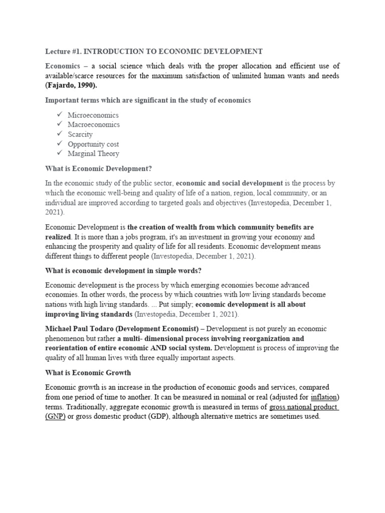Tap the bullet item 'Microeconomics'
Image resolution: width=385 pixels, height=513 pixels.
click(x=93, y=115)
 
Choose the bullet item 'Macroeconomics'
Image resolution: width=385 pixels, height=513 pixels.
click(x=94, y=125)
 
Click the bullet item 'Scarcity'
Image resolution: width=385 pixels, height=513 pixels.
click(x=80, y=134)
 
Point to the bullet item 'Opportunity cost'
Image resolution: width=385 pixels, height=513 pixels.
click(x=93, y=144)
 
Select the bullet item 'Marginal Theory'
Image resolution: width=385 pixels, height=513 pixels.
click(x=93, y=154)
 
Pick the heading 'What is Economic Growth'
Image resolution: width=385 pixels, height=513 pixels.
click(x=88, y=372)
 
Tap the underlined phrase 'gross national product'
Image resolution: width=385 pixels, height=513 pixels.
click(x=303, y=407)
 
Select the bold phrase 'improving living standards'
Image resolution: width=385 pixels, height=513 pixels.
click(x=89, y=314)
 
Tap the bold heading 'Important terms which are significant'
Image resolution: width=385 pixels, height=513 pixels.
click(x=148, y=100)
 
